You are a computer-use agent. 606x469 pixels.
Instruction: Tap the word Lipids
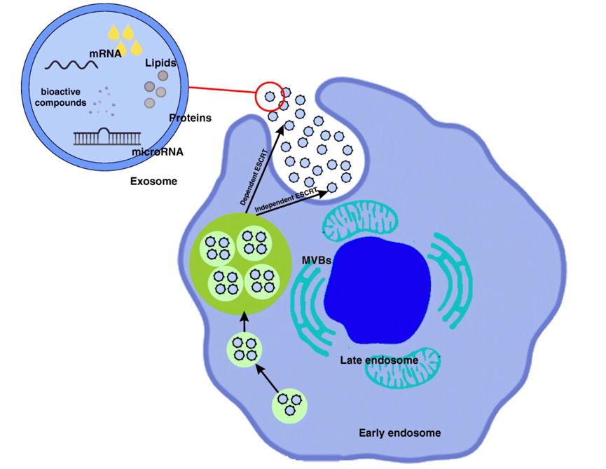(160, 62)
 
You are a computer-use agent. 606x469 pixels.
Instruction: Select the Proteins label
(190, 118)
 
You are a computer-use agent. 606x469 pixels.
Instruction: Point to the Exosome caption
(153, 181)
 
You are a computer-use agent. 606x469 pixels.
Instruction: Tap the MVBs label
(317, 261)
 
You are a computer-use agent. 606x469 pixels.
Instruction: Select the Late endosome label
(379, 360)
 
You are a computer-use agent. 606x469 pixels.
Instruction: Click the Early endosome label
(400, 433)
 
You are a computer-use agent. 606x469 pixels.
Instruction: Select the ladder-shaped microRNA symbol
(104, 137)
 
